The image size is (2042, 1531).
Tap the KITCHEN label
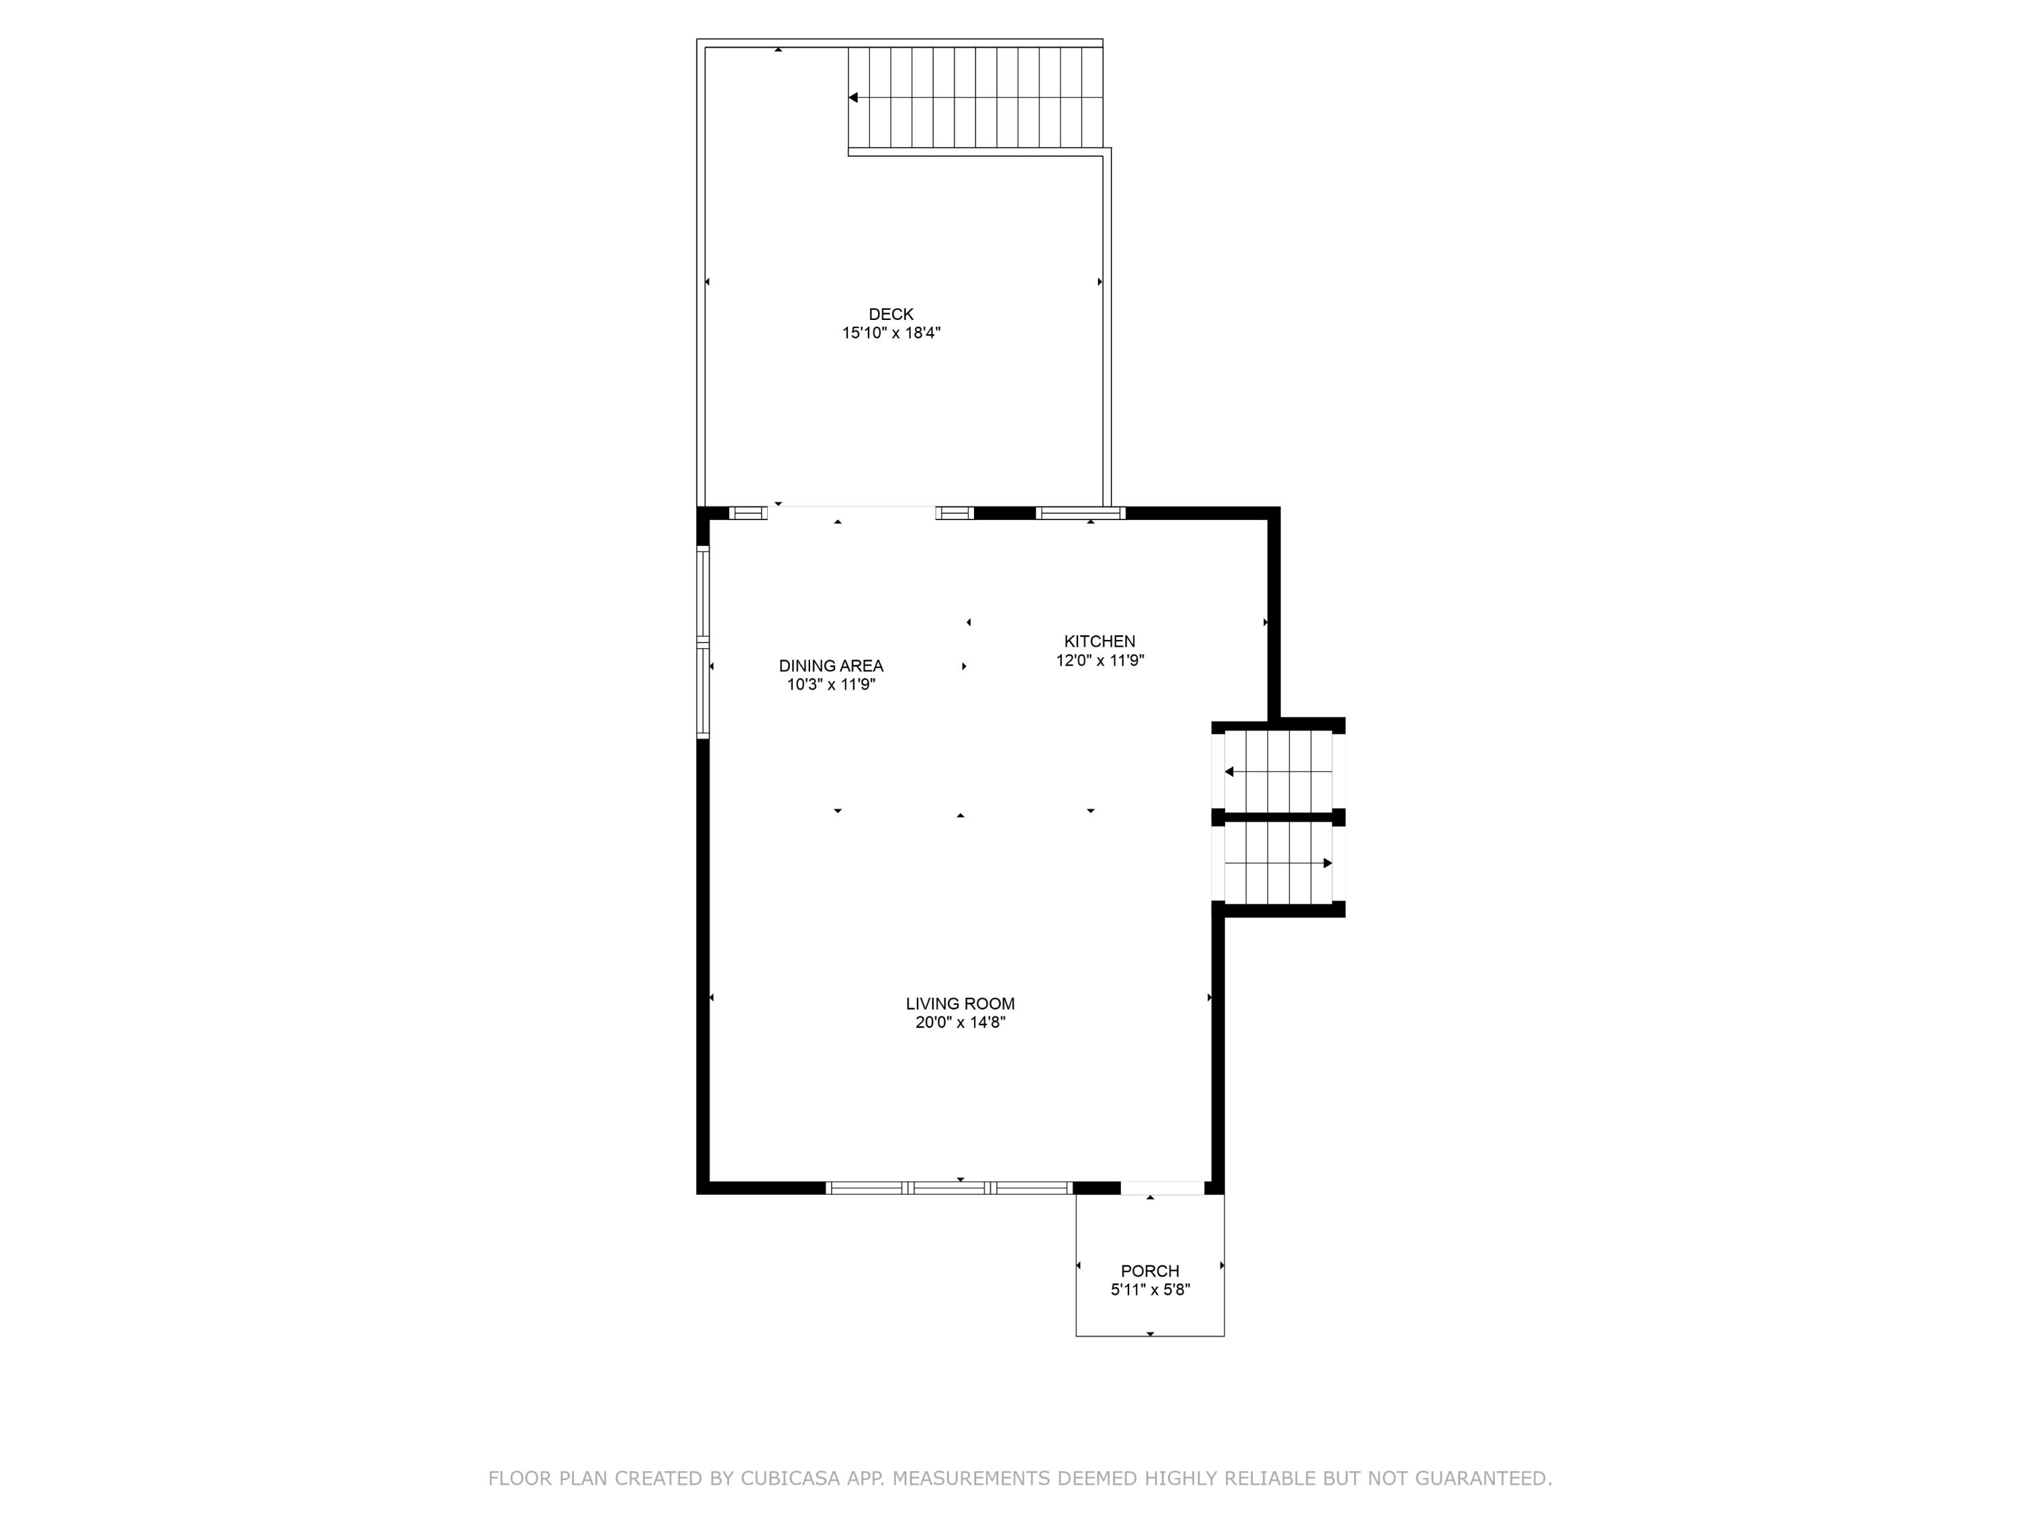coord(1099,641)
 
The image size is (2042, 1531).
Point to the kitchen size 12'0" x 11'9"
coord(1099,660)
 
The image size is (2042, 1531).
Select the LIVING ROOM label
coord(959,1003)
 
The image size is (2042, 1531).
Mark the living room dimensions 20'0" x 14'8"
coord(959,1023)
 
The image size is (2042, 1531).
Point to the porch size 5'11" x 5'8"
coord(1150,1290)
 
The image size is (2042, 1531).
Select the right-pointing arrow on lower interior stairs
coord(1327,863)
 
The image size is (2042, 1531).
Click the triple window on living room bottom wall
coord(948,1189)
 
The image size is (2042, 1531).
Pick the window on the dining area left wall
coord(702,642)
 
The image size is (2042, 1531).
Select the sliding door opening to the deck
coord(850,513)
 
